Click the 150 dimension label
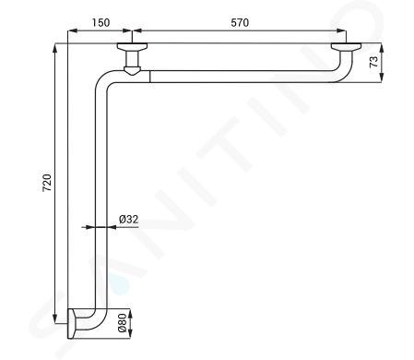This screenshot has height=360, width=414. point(101,22)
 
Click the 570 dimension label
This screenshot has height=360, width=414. point(240,22)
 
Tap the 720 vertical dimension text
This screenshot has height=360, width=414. point(47,183)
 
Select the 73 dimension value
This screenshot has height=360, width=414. point(373,62)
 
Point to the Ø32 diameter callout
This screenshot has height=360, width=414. point(129,220)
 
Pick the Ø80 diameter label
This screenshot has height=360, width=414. point(122,323)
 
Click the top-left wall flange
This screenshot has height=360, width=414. point(132,46)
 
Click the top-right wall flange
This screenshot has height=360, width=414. point(346,46)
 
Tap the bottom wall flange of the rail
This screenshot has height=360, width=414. point(71,324)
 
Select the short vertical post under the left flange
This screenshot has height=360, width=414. point(132,58)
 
